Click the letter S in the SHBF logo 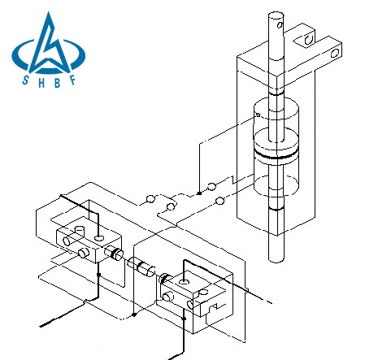pyautogui.click(x=25, y=80)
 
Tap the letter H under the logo pyautogui.click(x=41, y=83)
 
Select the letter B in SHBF pyautogui.click(x=57, y=83)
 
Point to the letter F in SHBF pyautogui.click(x=72, y=80)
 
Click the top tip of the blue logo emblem pyautogui.click(x=49, y=12)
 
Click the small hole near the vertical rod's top pyautogui.click(x=280, y=25)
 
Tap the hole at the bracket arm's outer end pyautogui.click(x=335, y=53)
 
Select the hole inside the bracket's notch pyautogui.click(x=308, y=40)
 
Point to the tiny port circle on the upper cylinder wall pyautogui.click(x=258, y=115)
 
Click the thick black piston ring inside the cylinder pyautogui.click(x=276, y=155)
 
